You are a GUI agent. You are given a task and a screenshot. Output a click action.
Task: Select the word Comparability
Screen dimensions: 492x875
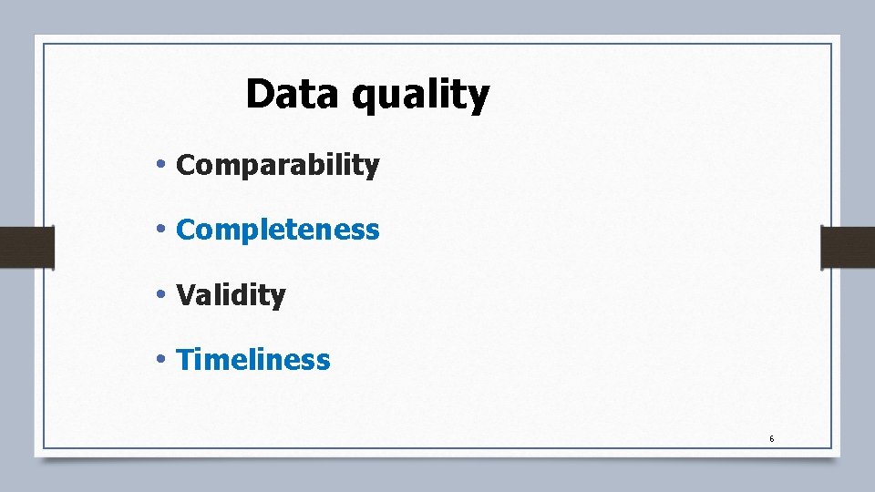point(277,166)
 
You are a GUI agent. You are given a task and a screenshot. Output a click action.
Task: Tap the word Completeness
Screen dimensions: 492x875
point(277,231)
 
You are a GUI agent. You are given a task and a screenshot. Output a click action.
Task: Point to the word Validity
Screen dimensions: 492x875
point(231,295)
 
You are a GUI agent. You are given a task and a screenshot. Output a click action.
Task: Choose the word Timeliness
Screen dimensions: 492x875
point(253,360)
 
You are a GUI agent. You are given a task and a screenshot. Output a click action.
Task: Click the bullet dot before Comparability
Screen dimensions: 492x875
point(160,165)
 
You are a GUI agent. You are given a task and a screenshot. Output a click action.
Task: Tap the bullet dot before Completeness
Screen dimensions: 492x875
point(160,230)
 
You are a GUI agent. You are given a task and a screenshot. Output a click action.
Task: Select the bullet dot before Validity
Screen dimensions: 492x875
point(160,294)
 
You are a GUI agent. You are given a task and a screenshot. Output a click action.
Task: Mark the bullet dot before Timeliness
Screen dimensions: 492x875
point(160,359)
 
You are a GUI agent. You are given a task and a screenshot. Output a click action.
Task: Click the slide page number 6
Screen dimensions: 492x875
point(771,439)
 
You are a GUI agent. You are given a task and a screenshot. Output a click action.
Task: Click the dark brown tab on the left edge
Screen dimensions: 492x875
point(26,247)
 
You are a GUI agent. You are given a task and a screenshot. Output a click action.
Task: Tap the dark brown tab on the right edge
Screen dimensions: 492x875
point(848,247)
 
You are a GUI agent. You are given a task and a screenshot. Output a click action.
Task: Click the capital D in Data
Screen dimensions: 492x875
point(261,94)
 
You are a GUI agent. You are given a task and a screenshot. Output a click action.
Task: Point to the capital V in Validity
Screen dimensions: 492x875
point(185,295)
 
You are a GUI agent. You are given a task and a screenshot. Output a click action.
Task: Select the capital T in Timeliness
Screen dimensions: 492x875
point(185,360)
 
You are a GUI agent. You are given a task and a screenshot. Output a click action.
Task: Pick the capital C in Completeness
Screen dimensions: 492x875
point(186,231)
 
